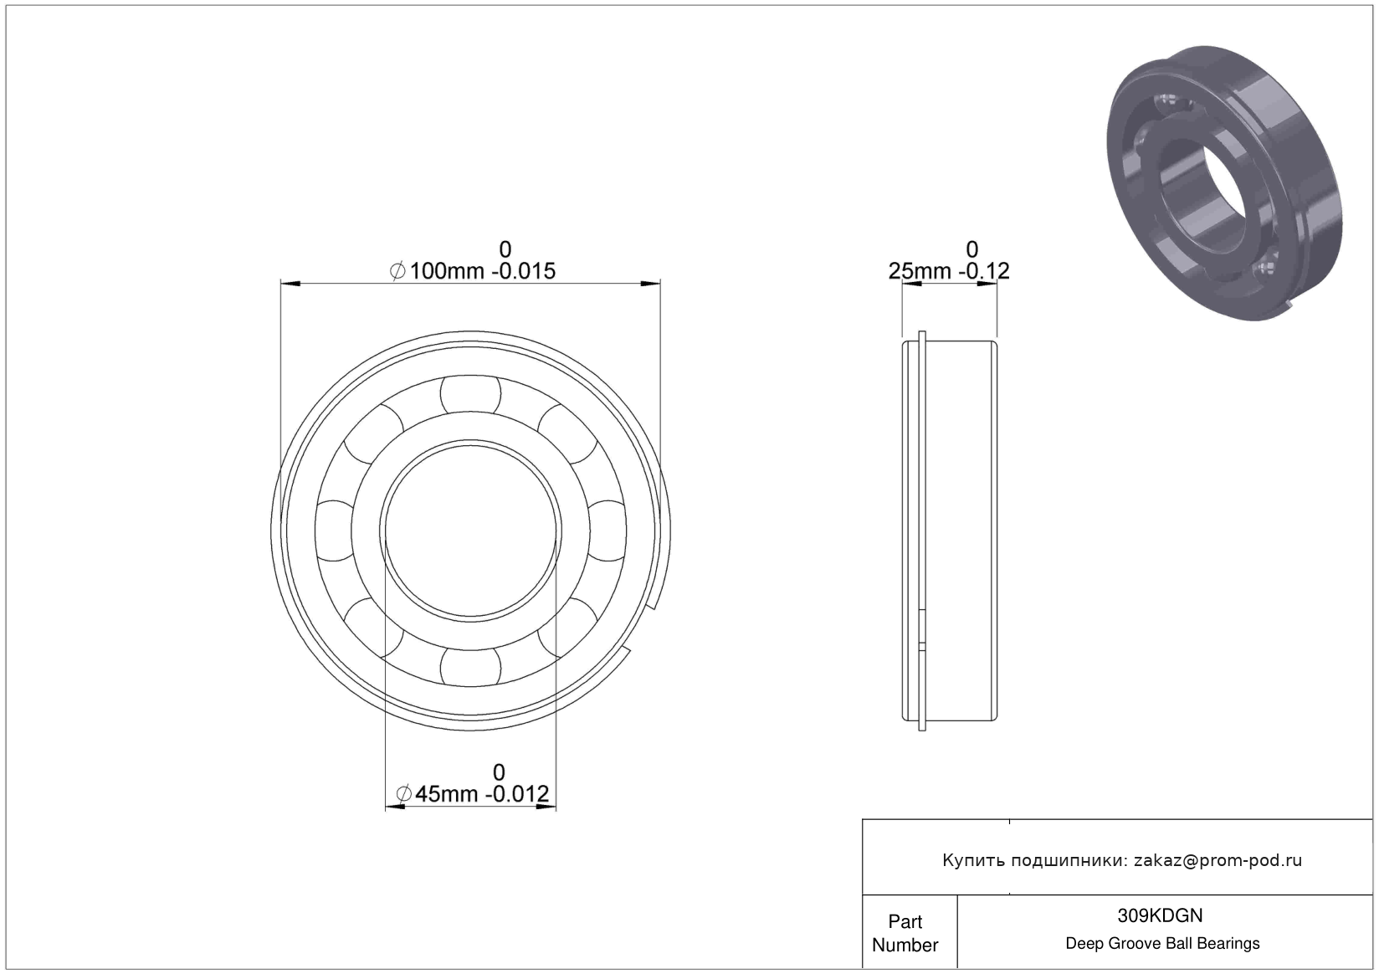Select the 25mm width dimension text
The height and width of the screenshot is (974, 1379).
(919, 271)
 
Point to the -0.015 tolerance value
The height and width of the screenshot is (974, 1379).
(524, 271)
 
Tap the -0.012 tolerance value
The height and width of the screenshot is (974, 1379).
(518, 793)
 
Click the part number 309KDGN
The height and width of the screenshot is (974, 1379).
(1160, 915)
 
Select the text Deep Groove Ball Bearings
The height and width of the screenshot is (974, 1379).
(1162, 943)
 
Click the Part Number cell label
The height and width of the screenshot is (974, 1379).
(905, 933)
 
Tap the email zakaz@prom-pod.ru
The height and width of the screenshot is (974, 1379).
(1218, 860)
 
